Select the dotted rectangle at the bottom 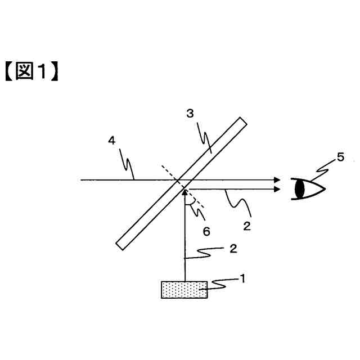coord(184,290)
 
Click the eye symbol coord(308,188)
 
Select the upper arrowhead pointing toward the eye coord(277,180)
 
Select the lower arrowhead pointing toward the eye coord(277,190)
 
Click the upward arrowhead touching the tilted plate coord(184,192)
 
